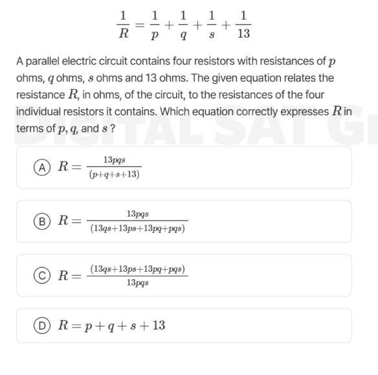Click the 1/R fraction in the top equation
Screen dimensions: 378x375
[x=123, y=24]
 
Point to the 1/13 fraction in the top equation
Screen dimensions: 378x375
[x=243, y=24]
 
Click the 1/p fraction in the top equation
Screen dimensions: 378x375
[x=153, y=24]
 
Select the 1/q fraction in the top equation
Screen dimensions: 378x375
[x=183, y=24]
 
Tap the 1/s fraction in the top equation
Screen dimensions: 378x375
[x=213, y=24]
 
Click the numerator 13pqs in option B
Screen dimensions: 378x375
[x=139, y=213]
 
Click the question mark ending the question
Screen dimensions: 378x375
[x=113, y=128]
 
